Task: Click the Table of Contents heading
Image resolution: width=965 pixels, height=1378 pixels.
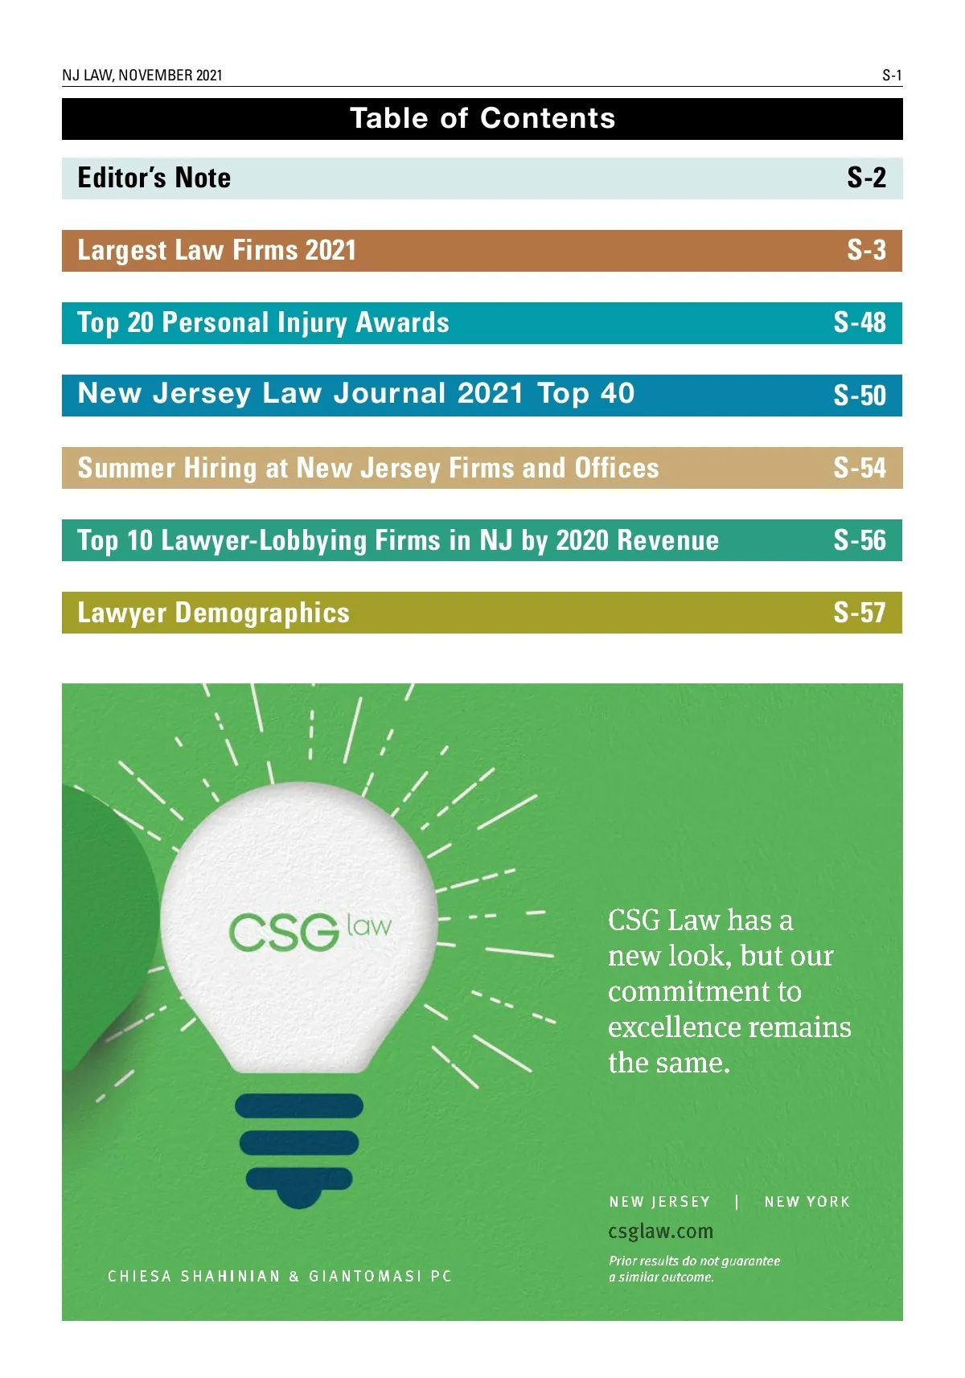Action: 482,119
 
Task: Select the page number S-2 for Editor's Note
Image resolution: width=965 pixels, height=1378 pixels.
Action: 866,178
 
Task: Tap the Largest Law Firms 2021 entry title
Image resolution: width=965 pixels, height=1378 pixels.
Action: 216,251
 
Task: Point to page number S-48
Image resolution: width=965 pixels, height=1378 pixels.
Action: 860,323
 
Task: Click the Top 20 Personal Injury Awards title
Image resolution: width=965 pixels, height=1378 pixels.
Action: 263,323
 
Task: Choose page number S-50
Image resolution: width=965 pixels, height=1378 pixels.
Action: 860,396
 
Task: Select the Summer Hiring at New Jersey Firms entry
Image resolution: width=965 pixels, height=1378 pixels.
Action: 368,468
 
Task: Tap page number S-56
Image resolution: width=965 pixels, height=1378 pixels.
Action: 860,540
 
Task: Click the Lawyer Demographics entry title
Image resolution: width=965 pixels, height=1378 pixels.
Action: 213,613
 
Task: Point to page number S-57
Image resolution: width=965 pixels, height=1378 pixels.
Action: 860,613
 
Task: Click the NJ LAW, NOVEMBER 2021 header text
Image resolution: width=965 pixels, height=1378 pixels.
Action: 142,76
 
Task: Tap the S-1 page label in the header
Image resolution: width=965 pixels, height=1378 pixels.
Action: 892,76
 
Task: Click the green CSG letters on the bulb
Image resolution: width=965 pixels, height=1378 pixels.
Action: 283,933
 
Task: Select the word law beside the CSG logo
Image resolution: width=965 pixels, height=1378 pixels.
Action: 369,925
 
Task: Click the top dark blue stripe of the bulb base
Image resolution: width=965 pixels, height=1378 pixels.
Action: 299,1106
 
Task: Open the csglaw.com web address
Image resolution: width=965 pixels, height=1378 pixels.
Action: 660,1232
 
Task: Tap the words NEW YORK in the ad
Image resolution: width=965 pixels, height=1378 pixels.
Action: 807,1202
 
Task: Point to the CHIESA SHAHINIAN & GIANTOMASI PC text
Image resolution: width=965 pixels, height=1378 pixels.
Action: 280,1276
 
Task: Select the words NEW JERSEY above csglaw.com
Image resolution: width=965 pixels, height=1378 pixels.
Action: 659,1202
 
